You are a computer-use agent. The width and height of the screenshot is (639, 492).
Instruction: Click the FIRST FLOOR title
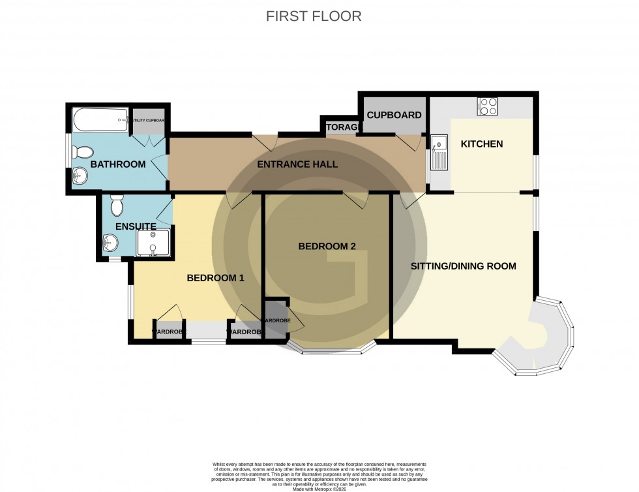[x=314, y=16]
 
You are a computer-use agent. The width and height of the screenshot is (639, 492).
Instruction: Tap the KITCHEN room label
[x=482, y=144]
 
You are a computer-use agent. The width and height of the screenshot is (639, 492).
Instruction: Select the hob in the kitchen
[x=487, y=106]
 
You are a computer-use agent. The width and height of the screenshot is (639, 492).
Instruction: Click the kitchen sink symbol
[x=438, y=151]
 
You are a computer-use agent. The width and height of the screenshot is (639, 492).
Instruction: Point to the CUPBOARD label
[x=394, y=115]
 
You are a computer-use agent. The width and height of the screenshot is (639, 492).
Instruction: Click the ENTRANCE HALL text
[x=297, y=164]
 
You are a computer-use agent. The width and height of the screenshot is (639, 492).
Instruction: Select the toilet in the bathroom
[x=82, y=153]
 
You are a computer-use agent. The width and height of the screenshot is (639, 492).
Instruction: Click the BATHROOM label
[x=118, y=164]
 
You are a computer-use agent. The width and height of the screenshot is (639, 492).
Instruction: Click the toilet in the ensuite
[x=117, y=206]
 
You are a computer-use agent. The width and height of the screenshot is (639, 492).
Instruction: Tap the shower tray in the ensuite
[x=153, y=243]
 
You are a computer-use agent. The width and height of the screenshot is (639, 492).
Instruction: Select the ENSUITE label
[x=135, y=226]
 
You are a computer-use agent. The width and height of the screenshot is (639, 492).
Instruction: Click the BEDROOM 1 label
[x=215, y=278]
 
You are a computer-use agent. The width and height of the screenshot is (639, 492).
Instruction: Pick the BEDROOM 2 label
[x=327, y=246]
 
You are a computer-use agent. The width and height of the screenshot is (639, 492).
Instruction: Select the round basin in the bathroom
[x=80, y=175]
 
